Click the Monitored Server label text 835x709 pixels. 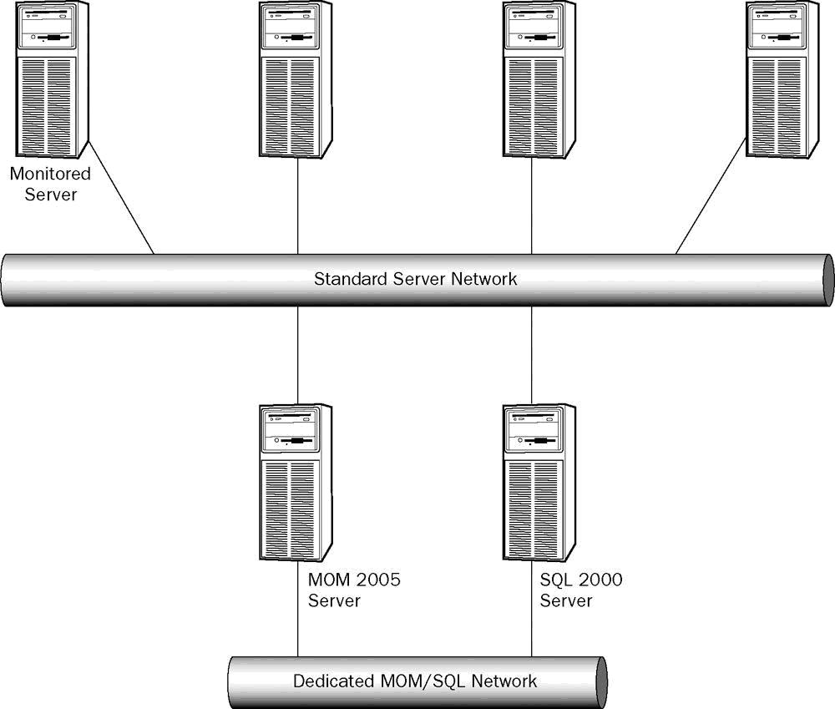click(50, 185)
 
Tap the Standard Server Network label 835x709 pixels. click(415, 279)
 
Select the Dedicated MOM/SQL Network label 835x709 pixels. click(415, 681)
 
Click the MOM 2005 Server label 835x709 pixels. click(354, 590)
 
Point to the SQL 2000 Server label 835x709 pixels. click(581, 590)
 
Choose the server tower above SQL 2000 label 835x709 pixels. click(539, 484)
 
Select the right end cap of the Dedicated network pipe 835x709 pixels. click(600, 681)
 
